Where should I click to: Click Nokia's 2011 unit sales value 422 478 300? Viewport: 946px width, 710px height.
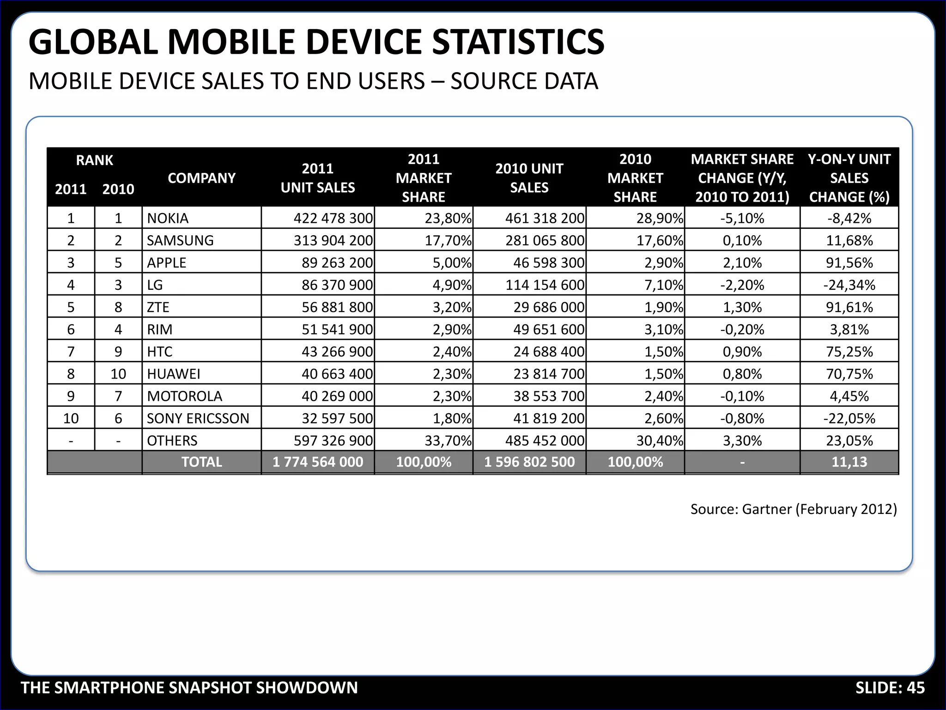(x=333, y=218)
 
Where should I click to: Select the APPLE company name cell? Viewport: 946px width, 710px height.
(x=166, y=263)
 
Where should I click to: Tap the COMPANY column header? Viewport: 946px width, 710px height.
(x=201, y=178)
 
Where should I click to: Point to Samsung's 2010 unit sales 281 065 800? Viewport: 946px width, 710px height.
(x=545, y=240)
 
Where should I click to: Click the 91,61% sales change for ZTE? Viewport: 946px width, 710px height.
(x=849, y=307)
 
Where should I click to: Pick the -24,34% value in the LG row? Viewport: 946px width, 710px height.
(x=849, y=285)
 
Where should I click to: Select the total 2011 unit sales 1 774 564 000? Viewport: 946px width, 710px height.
(x=318, y=462)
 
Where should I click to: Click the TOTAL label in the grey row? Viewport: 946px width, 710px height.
(x=201, y=462)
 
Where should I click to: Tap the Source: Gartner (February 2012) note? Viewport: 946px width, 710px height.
(x=793, y=509)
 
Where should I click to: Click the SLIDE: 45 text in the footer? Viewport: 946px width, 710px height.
(x=890, y=688)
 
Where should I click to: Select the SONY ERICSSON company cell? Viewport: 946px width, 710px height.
(x=198, y=418)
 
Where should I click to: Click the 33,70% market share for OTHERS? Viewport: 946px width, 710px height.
(x=448, y=441)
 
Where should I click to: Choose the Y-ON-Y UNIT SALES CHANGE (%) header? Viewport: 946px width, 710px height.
(x=849, y=178)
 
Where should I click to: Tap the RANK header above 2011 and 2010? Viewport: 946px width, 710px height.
(x=94, y=160)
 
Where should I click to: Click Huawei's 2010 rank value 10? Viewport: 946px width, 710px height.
(x=118, y=374)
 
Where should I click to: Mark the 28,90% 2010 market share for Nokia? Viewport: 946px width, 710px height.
(x=659, y=218)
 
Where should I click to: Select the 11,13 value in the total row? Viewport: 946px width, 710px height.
(x=849, y=462)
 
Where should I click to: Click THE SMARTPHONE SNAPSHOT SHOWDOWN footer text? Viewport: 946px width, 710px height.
(x=189, y=688)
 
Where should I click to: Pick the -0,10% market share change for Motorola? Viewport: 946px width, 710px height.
(x=742, y=396)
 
